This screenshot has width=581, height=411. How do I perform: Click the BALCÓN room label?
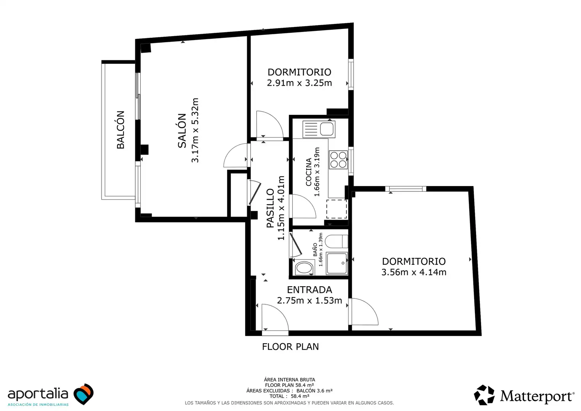121,130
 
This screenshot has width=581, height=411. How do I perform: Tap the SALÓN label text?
182,131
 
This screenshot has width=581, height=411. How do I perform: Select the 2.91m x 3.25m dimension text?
299,83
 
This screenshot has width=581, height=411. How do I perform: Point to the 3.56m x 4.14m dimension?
414,272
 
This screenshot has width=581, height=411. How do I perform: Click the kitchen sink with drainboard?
319,129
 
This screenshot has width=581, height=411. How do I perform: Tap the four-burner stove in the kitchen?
338,160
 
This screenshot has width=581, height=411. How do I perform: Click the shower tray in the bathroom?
337,263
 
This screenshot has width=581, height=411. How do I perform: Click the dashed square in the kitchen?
337,209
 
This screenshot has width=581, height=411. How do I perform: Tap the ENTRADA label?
310,290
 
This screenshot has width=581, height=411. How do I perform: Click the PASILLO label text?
270,208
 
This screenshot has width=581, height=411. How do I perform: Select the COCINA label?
308,172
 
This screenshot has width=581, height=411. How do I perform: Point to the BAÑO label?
315,250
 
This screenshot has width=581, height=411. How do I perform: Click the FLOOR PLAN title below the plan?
290,347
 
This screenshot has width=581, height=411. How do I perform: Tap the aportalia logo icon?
83,394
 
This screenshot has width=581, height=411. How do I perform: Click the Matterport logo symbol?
484,395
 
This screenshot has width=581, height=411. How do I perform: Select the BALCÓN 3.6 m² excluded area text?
314,391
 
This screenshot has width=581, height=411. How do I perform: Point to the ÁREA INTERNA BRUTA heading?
289,379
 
